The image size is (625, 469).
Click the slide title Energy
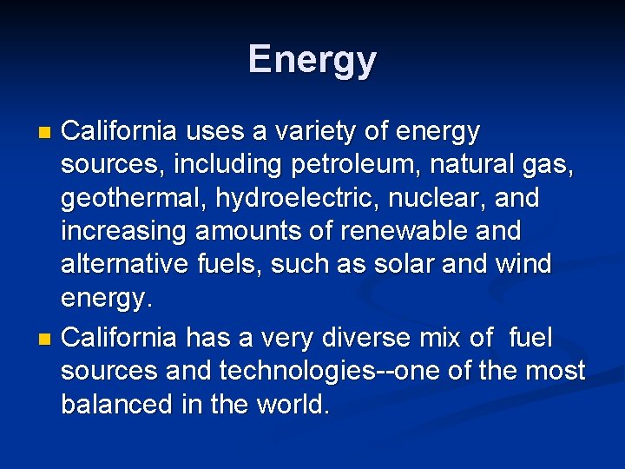point(312,60)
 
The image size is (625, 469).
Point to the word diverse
point(363,337)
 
